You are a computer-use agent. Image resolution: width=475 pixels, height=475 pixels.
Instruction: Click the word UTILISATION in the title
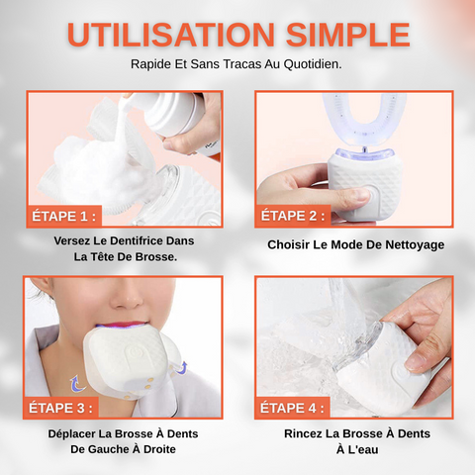[171, 35]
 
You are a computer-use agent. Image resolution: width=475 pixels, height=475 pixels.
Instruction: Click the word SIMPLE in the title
[347, 35]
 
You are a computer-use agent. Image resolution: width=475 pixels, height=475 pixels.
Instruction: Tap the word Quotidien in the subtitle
[313, 64]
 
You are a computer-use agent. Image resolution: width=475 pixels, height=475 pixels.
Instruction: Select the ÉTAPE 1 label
[63, 217]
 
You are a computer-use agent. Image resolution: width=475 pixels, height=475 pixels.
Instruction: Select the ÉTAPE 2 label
[293, 216]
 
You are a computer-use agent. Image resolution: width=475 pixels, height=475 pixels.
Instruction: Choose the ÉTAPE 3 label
[60, 408]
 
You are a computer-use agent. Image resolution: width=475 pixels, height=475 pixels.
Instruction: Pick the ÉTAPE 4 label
[292, 408]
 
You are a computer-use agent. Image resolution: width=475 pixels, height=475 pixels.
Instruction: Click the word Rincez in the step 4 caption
[303, 433]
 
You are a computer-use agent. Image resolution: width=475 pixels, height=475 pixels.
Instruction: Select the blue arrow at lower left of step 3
[76, 384]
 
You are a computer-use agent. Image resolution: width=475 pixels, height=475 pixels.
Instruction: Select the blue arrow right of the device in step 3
[181, 368]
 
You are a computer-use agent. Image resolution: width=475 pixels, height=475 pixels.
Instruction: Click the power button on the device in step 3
[135, 352]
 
